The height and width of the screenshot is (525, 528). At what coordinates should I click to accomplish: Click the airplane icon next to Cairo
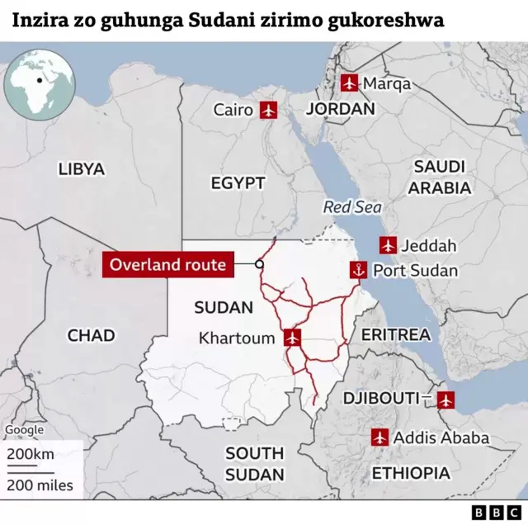[x=268, y=109]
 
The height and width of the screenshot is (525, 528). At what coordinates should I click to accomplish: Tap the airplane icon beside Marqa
[x=350, y=83]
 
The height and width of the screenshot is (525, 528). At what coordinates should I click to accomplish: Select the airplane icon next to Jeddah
[x=388, y=244]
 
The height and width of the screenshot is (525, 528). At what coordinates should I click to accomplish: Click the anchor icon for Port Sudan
[x=358, y=269]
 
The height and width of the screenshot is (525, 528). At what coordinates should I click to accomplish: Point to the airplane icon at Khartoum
[x=291, y=337]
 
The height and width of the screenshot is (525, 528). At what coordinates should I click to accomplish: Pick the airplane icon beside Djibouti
[x=445, y=400]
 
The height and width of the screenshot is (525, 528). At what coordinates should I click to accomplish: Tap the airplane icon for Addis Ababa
[x=379, y=437]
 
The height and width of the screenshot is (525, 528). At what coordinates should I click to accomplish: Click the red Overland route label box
[x=167, y=265]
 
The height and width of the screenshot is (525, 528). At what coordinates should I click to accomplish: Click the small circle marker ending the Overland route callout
[x=259, y=265]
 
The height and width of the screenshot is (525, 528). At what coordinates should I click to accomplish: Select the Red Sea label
[x=352, y=207]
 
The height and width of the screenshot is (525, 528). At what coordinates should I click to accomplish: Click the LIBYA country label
[x=82, y=169]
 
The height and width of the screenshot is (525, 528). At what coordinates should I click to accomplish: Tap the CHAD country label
[x=91, y=335]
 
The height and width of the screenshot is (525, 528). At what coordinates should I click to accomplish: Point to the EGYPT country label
[x=238, y=183]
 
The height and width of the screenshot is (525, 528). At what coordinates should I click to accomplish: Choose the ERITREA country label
[x=396, y=334]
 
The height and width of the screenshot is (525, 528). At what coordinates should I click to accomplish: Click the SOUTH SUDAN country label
[x=255, y=464]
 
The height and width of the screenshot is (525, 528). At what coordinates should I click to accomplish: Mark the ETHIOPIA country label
[x=411, y=473]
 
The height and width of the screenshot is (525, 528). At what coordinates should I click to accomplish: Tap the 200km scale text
[x=31, y=455]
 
